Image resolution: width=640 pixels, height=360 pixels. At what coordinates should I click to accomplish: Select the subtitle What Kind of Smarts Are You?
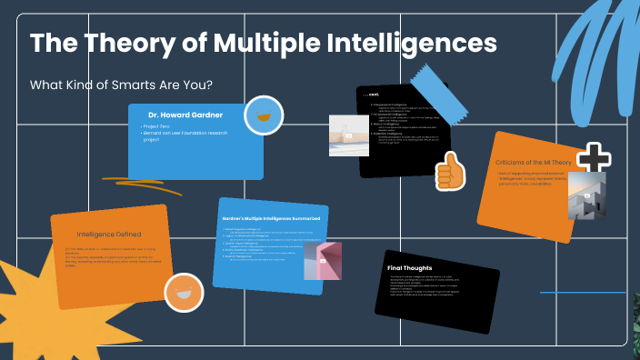pyautogui.click(x=121, y=85)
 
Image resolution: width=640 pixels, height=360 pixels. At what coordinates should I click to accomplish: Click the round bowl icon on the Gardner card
pyautogui.click(x=265, y=115)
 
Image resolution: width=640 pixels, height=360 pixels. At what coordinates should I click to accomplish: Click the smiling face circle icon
pyautogui.click(x=183, y=292)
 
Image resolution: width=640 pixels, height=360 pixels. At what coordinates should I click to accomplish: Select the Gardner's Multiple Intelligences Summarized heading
pyautogui.click(x=270, y=218)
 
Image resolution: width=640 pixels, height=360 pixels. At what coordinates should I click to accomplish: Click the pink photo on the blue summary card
pyautogui.click(x=322, y=261)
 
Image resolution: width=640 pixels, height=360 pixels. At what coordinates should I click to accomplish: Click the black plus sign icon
pyautogui.click(x=594, y=157)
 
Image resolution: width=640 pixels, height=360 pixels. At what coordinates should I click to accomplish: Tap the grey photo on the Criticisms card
pyautogui.click(x=587, y=196)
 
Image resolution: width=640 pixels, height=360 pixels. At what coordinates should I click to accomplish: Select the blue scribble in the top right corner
pyautogui.click(x=591, y=45)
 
